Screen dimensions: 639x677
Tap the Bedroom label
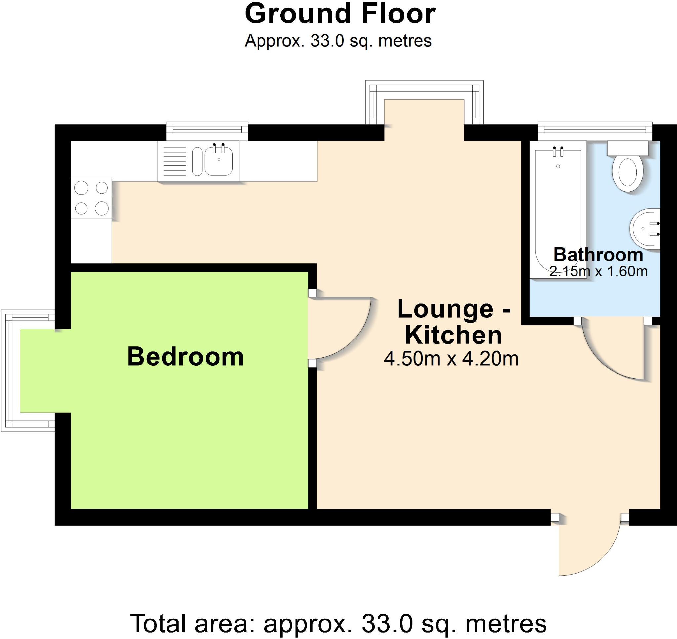[x=185, y=357]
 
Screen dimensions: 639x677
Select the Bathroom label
[x=598, y=255]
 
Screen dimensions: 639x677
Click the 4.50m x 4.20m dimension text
[x=451, y=359]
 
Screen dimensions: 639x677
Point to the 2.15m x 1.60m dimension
[x=598, y=271]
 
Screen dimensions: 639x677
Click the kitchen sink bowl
[x=218, y=161]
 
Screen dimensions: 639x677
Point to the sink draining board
[x=175, y=161]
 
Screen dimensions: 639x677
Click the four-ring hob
[x=91, y=198]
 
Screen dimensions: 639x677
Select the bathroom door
[x=613, y=351]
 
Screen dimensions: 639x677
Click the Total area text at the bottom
[x=338, y=623]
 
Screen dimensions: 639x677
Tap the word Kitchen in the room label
[x=453, y=335]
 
